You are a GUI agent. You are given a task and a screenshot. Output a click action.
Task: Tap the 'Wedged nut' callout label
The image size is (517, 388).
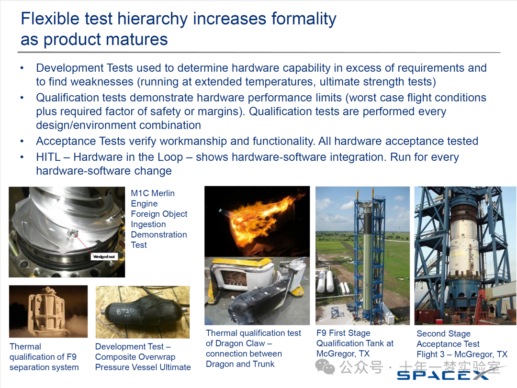click(104, 256)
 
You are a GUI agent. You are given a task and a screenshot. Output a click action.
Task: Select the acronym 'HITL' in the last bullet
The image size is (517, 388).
click(48, 157)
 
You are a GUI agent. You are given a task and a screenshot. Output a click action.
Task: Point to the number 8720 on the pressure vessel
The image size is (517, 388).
click(125, 310)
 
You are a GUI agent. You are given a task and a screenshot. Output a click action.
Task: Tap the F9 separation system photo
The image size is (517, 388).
click(48, 311)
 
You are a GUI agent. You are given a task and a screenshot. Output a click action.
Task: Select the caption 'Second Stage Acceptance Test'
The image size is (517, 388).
click(448, 339)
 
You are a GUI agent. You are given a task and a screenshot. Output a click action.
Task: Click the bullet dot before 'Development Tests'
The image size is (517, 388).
click(22, 68)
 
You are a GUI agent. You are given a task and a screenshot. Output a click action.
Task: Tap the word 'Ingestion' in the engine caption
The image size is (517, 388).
click(148, 224)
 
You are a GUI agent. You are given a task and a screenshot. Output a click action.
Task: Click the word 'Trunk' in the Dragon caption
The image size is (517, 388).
click(263, 364)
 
